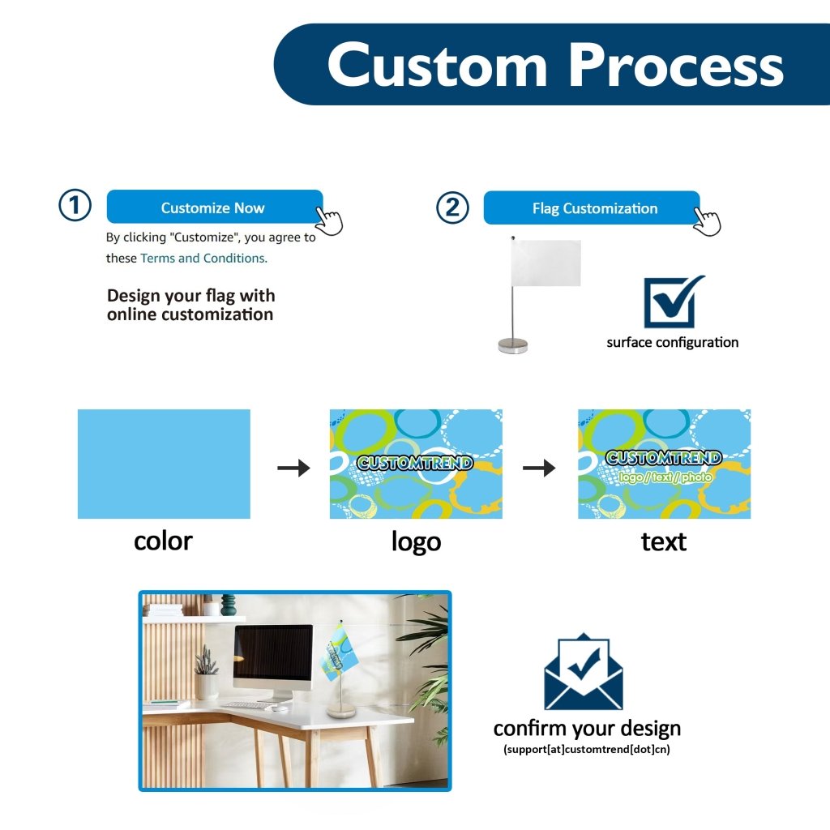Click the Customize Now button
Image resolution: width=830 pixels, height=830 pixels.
pos(214,207)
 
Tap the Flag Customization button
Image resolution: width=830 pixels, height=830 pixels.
pos(591,208)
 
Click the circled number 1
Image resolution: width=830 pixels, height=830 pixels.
pos(75,206)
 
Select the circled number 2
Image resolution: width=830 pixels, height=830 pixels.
pos(452,207)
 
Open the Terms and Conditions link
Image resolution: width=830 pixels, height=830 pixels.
pos(203,258)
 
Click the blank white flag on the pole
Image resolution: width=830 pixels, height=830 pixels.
pos(547,263)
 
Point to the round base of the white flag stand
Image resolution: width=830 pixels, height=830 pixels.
pos(512,346)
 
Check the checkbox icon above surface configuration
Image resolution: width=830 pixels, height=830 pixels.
pos(672,302)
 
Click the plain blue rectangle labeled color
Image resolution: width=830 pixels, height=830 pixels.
pos(164,464)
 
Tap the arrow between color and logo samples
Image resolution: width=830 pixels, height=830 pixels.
pos(293,468)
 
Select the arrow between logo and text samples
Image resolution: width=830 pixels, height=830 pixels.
pos(539,468)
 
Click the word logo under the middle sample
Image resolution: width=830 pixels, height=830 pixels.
pos(416,541)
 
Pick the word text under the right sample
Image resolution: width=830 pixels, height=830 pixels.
pos(663,541)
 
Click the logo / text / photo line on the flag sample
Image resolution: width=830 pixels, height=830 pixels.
pos(665,477)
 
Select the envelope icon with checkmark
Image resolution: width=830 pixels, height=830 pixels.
pos(584,672)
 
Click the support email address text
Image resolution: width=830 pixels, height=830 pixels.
pos(587,749)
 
